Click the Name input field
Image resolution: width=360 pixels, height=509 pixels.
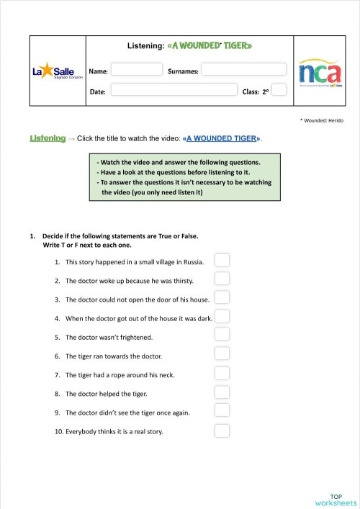[x=137, y=70]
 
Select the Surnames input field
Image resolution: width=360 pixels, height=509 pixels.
[x=243, y=70]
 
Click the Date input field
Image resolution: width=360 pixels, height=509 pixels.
[x=174, y=90]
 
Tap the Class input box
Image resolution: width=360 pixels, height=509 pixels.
[x=279, y=90]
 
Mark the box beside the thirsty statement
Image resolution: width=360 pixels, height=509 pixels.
[x=222, y=279]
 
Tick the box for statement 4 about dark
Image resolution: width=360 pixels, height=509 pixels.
[x=222, y=316]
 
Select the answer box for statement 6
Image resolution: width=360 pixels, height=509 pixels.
[x=222, y=353]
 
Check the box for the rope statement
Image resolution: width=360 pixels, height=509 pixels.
[x=222, y=373]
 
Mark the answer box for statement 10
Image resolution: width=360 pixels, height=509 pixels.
[x=222, y=431]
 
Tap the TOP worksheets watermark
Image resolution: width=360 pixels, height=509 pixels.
[x=336, y=500]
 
